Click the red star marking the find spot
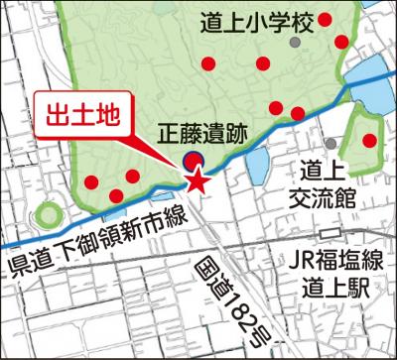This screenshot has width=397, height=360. (198, 181)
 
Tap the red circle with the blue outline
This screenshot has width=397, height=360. (193, 160)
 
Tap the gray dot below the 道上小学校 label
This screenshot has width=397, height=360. (293, 44)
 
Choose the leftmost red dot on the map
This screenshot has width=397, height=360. (91, 182)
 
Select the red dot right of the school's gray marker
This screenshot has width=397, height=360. (341, 42)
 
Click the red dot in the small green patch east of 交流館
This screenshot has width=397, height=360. (369, 140)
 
